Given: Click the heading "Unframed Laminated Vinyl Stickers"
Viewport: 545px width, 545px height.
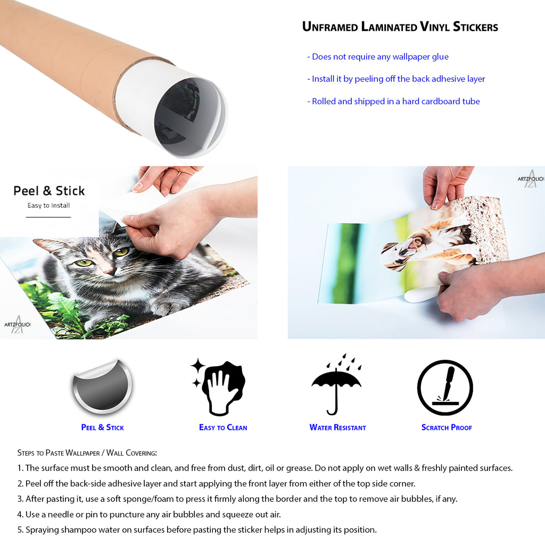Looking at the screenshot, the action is [400, 27].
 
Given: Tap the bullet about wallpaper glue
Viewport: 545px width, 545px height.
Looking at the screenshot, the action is [378, 56].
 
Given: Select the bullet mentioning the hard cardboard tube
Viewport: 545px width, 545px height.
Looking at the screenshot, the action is [393, 101].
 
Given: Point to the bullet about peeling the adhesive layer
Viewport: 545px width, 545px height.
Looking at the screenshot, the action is [396, 79].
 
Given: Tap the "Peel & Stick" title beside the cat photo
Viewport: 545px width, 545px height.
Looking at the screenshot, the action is [49, 191].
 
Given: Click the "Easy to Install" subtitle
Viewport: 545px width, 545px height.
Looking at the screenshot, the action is [48, 205].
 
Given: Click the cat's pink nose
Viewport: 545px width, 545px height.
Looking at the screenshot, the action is [109, 270].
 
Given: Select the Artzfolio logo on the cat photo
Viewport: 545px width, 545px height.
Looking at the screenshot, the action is [18, 324].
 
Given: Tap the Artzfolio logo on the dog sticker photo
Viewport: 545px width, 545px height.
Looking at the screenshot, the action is [531, 179].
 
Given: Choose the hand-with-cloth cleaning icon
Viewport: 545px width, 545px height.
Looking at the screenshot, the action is [218, 387].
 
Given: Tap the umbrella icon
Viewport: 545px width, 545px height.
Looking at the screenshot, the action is [336, 384].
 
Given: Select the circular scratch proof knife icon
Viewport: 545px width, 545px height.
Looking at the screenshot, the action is [445, 387].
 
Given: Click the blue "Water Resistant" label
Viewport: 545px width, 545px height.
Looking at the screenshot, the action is [337, 427].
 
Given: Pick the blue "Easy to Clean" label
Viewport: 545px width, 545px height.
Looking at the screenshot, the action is [223, 427].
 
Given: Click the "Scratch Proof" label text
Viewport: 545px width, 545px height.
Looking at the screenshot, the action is [447, 427].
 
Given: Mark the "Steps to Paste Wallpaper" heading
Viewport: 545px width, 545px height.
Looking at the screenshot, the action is [87, 453].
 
